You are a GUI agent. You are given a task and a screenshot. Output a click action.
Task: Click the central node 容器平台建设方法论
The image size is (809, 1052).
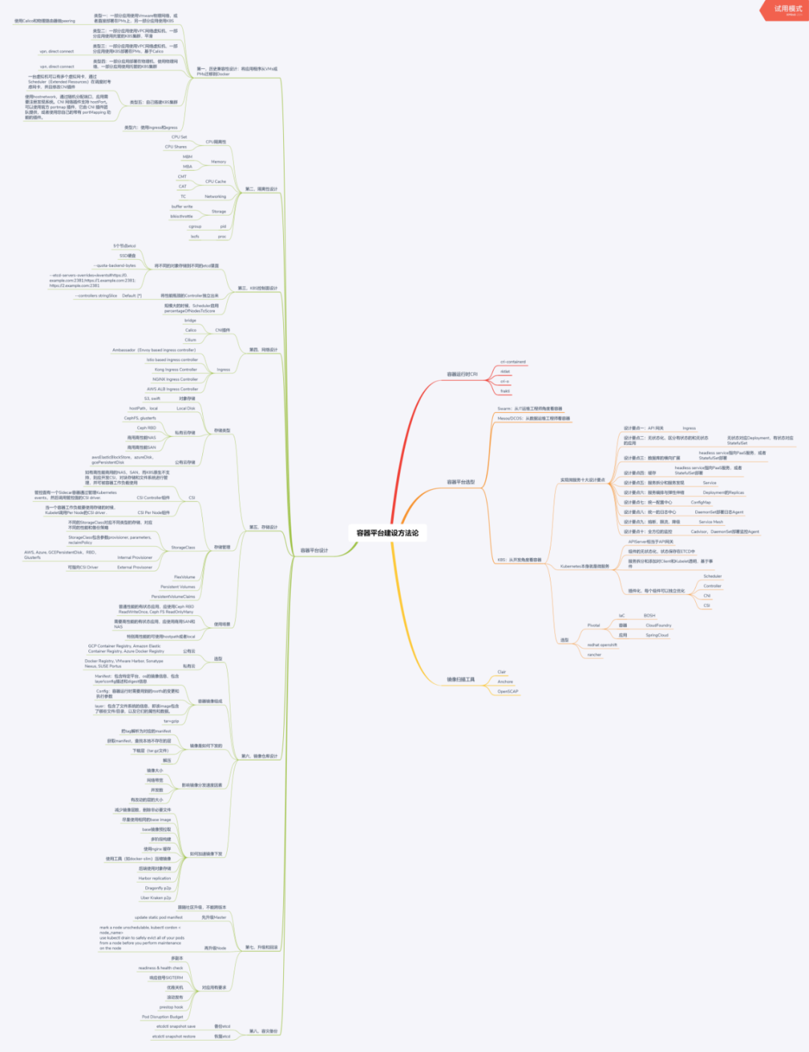[387, 533]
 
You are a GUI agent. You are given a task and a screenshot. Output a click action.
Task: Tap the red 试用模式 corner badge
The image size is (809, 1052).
[787, 9]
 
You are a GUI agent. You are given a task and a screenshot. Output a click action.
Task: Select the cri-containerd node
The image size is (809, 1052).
[513, 362]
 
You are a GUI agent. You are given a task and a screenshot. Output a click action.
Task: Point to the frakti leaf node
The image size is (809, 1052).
[505, 391]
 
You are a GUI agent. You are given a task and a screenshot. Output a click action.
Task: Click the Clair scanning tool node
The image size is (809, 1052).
[502, 672]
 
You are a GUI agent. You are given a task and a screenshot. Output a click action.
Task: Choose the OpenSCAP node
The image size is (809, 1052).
[508, 692]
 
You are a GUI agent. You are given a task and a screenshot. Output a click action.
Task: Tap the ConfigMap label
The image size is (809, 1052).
[700, 503]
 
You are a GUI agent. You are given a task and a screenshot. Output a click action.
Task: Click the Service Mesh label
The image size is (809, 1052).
[711, 522]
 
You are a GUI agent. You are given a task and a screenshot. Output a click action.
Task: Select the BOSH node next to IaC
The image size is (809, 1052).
[649, 616]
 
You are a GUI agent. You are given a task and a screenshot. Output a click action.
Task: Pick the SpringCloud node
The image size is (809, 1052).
[657, 635]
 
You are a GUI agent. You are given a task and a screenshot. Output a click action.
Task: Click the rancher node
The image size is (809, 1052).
[594, 655]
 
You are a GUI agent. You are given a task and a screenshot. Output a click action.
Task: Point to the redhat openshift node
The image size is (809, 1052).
[602, 645]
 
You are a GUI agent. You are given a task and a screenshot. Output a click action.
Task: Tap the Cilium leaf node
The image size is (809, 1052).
[190, 340]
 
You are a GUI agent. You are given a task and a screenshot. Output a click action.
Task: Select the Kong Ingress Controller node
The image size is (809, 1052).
[176, 369]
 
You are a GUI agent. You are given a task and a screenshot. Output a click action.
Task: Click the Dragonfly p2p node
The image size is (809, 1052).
[158, 888]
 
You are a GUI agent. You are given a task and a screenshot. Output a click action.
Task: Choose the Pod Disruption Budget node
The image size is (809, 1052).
[163, 1017]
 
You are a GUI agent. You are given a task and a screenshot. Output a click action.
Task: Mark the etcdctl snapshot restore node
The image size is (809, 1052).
[174, 1037]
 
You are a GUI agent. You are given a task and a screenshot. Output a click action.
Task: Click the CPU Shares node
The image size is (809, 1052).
[176, 147]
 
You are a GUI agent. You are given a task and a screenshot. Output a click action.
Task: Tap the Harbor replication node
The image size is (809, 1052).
[155, 878]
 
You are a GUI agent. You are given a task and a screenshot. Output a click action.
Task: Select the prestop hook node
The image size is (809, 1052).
[172, 1007]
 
